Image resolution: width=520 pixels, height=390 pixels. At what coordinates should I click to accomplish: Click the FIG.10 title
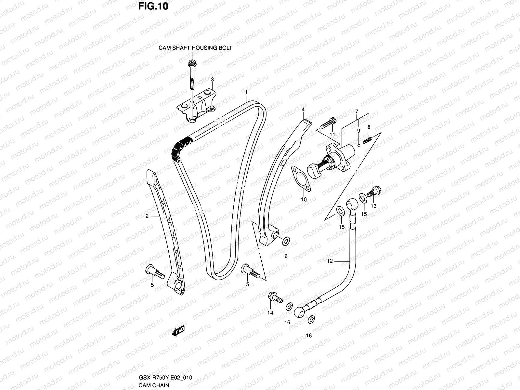(x=153, y=6)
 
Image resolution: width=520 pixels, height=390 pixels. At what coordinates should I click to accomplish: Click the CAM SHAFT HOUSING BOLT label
(x=195, y=48)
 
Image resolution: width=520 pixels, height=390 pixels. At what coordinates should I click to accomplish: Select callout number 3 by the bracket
(x=212, y=80)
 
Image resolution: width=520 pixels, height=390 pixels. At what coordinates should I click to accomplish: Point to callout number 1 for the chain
(x=246, y=92)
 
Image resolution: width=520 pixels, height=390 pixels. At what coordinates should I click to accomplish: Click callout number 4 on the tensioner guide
(x=303, y=110)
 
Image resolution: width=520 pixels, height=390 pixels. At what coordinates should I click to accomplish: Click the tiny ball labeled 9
(x=358, y=145)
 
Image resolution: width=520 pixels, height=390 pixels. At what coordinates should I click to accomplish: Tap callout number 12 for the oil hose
(x=330, y=261)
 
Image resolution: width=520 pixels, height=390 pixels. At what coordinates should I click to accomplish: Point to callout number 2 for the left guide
(x=147, y=216)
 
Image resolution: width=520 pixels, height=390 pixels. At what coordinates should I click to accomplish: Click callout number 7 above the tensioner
(x=357, y=111)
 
